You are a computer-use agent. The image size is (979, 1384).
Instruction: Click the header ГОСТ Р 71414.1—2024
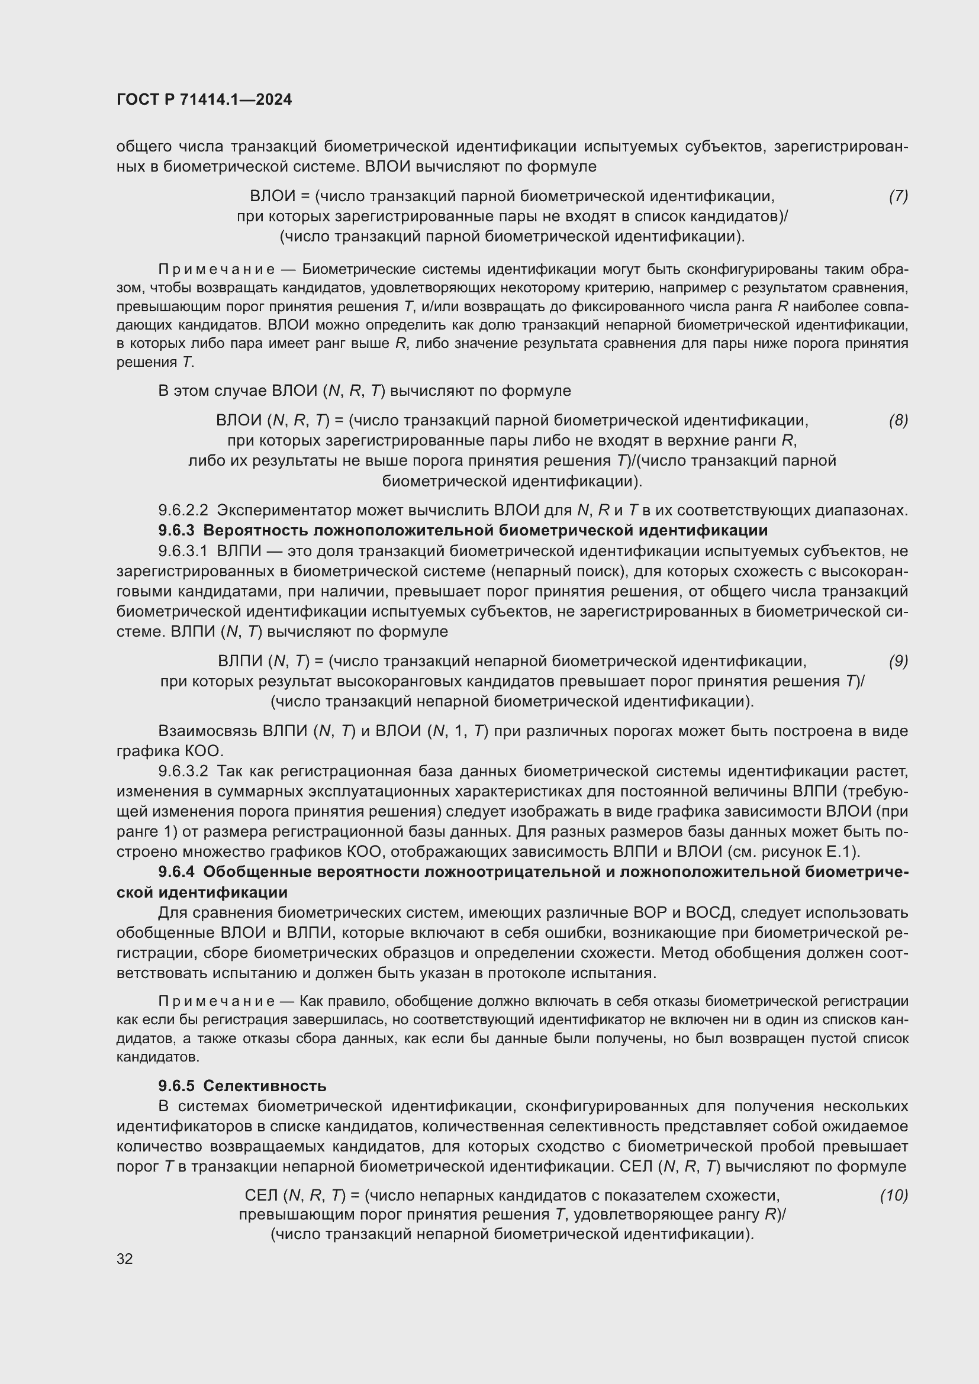(x=204, y=100)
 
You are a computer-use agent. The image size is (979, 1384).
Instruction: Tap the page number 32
(x=125, y=1259)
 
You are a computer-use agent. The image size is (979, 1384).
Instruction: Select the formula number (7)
(x=899, y=196)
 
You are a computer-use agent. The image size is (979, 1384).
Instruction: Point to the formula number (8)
(x=899, y=420)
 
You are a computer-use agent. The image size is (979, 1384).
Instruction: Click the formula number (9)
(x=899, y=662)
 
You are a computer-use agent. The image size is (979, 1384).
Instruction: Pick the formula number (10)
(x=894, y=1195)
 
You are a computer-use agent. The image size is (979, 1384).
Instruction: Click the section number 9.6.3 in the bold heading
(x=176, y=530)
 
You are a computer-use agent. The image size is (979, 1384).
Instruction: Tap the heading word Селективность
(x=265, y=1086)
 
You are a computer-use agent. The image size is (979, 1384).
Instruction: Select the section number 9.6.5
(x=176, y=1086)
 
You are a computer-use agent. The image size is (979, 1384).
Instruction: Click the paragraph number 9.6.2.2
(x=183, y=511)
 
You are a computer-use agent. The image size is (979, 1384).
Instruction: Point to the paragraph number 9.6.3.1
(x=183, y=551)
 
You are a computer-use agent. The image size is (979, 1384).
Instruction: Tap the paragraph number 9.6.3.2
(x=183, y=771)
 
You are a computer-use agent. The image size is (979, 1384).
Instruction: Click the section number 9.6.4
(x=176, y=872)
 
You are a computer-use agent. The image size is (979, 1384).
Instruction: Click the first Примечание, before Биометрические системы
(x=217, y=269)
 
